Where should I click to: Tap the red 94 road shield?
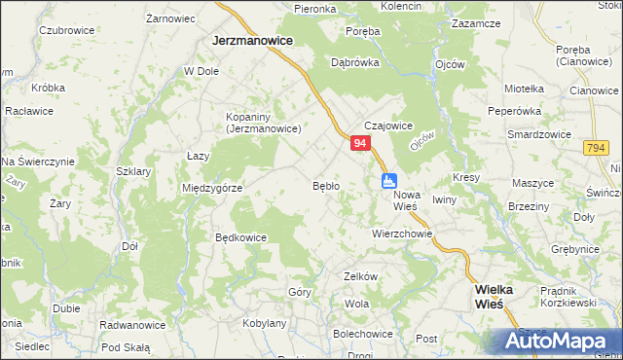click(x=360, y=143)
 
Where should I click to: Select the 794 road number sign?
click(x=597, y=147)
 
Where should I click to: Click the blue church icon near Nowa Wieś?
click(x=389, y=180)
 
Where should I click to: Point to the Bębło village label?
click(x=325, y=185)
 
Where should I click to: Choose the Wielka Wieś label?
click(x=500, y=296)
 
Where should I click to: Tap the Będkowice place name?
click(x=240, y=236)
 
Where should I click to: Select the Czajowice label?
click(x=388, y=126)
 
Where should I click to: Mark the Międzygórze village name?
click(x=211, y=188)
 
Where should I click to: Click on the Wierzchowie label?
click(x=401, y=234)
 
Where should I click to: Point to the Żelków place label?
click(x=360, y=276)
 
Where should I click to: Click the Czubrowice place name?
click(x=66, y=30)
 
